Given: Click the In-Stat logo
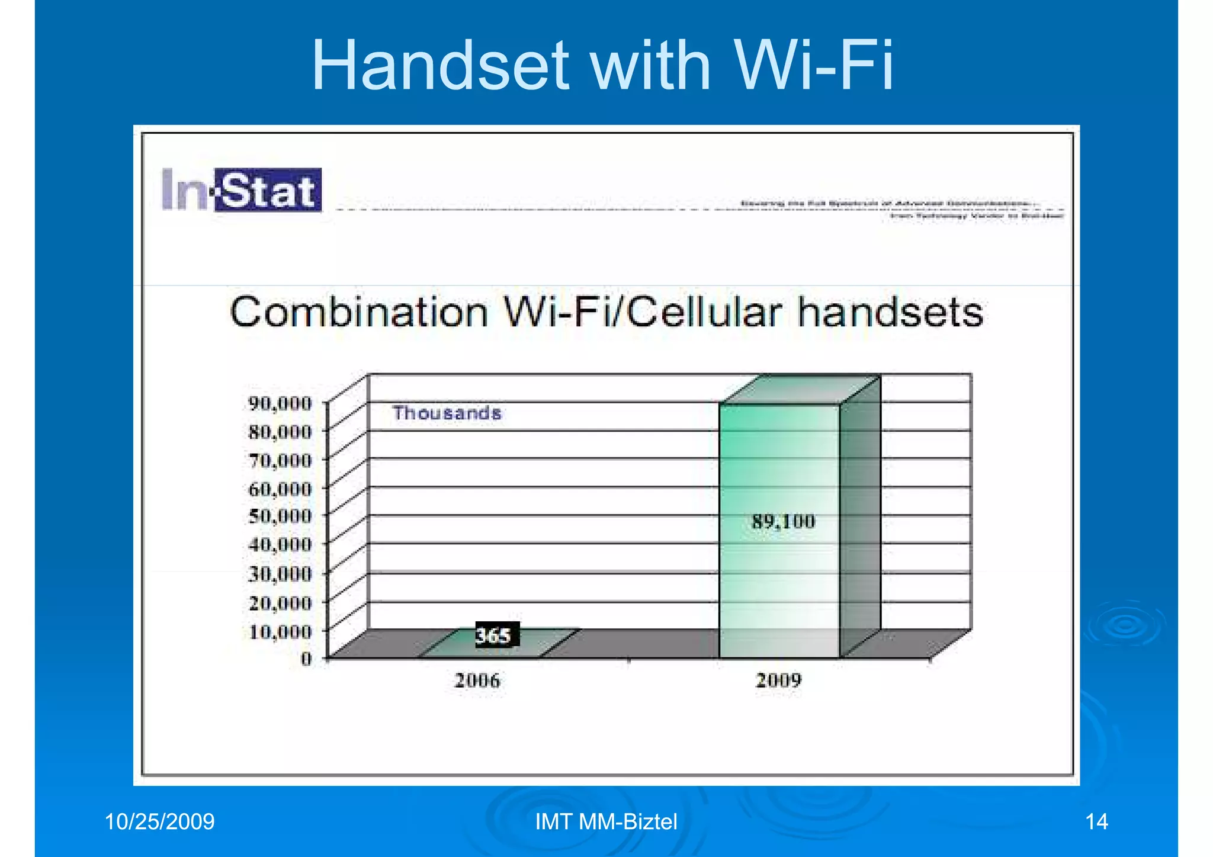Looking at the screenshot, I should tap(242, 190).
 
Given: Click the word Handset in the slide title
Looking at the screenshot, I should tap(440, 65).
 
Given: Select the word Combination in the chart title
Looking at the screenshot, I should tap(358, 312).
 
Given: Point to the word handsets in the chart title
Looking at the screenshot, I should tap(890, 312).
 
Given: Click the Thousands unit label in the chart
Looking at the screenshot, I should tap(447, 413).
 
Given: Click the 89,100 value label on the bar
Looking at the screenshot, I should tap(783, 522).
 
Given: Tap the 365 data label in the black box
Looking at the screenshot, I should tap(494, 635).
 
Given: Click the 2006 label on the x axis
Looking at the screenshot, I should tap(477, 680).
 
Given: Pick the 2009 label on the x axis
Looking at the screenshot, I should tap(778, 680).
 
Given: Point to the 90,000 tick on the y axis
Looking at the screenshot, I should tap(280, 403).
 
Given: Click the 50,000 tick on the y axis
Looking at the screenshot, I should tap(280, 516).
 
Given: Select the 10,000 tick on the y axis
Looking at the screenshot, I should tap(280, 631).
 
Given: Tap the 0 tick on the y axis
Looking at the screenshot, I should tap(306, 658).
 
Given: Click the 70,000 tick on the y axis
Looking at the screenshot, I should tap(280, 460).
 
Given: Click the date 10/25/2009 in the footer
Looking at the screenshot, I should tap(159, 822).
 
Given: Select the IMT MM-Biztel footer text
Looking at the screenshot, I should tap(606, 822).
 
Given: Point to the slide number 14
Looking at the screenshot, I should tap(1096, 822).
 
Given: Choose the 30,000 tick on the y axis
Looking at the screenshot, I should tap(280, 574).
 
